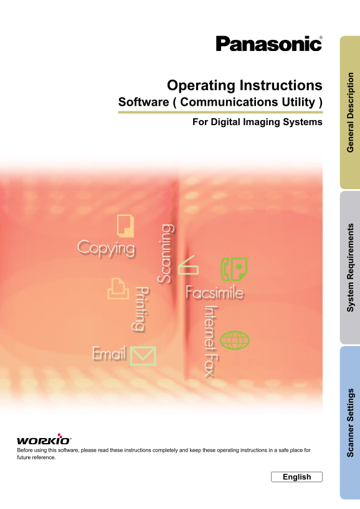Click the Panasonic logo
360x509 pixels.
point(269,44)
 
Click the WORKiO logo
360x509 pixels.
point(44,439)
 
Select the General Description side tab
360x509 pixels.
point(350,113)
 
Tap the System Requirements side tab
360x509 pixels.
point(350,268)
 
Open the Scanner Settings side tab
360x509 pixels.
point(350,423)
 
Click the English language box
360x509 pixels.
point(296,477)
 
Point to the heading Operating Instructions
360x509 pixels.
point(245,85)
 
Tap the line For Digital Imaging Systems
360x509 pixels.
point(257,122)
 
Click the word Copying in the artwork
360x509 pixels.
point(107,248)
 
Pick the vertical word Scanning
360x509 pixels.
point(166,253)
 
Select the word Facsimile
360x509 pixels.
point(214,292)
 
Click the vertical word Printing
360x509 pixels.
point(141,309)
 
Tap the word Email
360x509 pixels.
point(109,353)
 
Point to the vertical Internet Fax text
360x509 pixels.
point(211,342)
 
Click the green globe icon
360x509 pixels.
point(235,340)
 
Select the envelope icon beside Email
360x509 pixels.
point(143,356)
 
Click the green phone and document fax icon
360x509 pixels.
point(234,269)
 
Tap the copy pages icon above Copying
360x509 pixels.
point(125,225)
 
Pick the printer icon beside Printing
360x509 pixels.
point(118,288)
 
